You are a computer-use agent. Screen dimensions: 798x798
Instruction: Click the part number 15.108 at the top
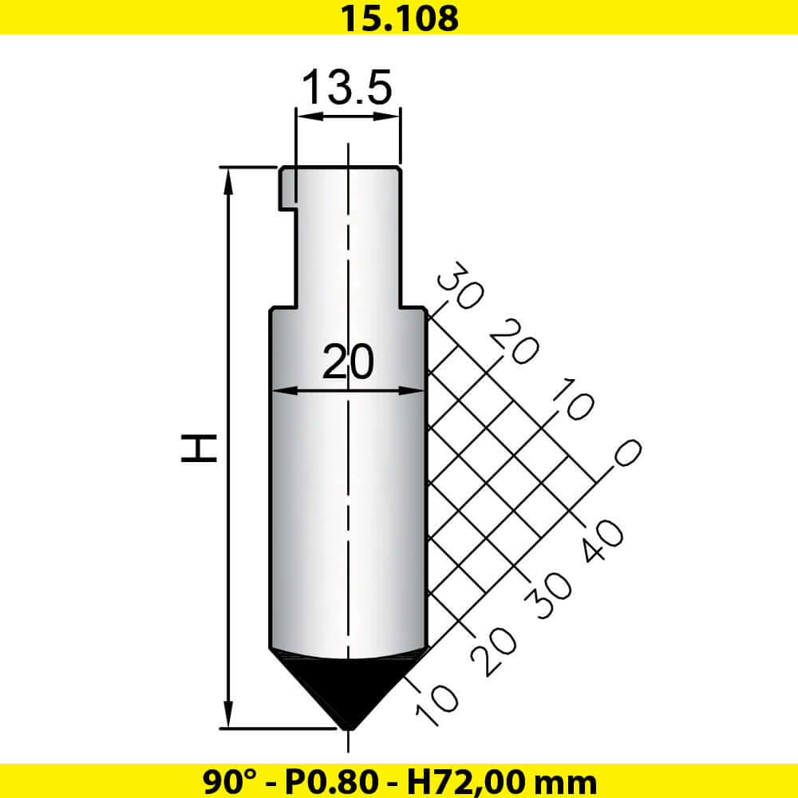pos(399,18)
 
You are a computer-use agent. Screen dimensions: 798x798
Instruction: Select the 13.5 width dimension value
pos(346,87)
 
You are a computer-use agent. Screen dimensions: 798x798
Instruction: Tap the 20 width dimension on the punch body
pos(348,363)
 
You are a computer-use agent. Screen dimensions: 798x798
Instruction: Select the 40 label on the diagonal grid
pos(603,540)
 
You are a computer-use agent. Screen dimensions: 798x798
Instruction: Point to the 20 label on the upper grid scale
pos(512,341)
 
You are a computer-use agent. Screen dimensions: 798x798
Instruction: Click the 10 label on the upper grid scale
pos(571,400)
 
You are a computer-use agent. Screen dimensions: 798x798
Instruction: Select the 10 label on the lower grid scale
pos(437,705)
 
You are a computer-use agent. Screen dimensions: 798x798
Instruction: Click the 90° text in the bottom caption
pos(226,780)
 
